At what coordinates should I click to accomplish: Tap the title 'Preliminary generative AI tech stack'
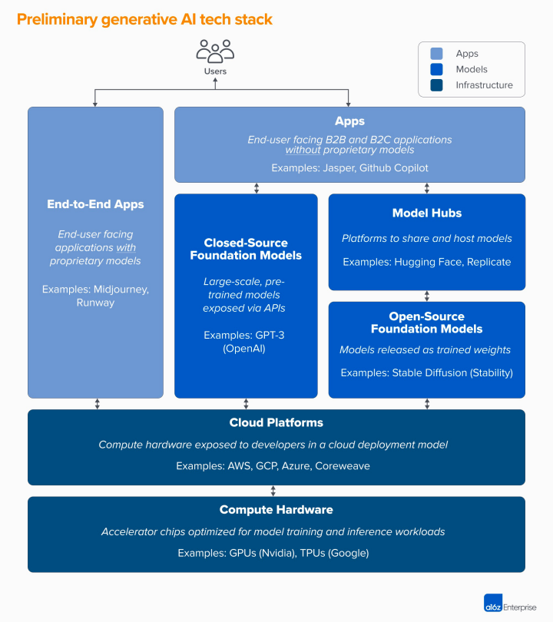click(x=144, y=19)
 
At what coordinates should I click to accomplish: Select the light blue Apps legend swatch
click(x=436, y=54)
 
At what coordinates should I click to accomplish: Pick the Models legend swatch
click(x=436, y=69)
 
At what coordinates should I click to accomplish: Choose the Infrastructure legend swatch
click(x=436, y=85)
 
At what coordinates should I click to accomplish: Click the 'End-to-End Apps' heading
click(x=95, y=204)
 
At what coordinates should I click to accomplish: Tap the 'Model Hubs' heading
click(x=426, y=213)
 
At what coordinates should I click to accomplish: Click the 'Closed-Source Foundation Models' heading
click(x=246, y=249)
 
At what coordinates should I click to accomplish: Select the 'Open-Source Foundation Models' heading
click(x=426, y=323)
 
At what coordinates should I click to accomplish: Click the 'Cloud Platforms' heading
click(x=276, y=422)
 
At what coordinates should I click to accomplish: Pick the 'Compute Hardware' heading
click(x=276, y=510)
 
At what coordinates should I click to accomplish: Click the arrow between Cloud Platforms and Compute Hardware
click(x=273, y=491)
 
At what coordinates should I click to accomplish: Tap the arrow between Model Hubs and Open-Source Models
click(x=427, y=296)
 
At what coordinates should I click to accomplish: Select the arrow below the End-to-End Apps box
click(x=97, y=404)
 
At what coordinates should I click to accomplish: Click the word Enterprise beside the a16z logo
click(x=520, y=607)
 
